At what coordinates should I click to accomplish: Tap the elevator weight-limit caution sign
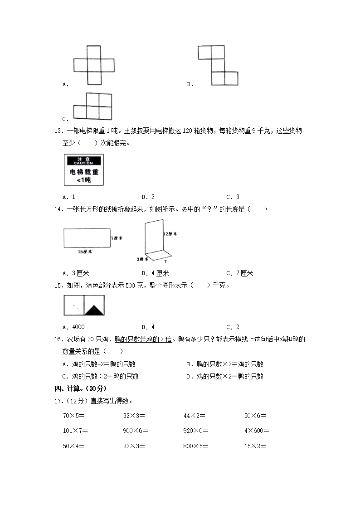point(84,170)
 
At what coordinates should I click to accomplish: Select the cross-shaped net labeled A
point(94,65)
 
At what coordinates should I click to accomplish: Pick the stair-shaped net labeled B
point(218,65)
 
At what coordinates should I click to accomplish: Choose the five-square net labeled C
point(92,106)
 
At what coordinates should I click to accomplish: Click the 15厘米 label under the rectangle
point(84,252)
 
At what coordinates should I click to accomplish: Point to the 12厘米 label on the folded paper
point(170,233)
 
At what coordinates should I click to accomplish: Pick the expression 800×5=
point(195,446)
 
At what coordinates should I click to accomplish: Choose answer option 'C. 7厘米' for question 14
point(239,273)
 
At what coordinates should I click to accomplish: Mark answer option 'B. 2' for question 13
point(148,197)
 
